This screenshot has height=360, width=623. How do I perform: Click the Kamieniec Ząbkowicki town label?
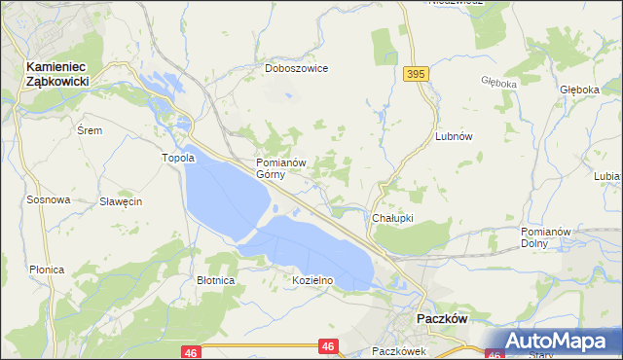[x=56, y=74]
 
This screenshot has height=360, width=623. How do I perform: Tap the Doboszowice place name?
[x=297, y=69]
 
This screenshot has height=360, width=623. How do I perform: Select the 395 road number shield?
[x=417, y=75]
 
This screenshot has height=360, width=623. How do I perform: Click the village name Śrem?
[x=89, y=129]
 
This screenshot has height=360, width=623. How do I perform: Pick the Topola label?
[x=179, y=158]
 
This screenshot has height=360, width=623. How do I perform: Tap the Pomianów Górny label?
[x=281, y=168]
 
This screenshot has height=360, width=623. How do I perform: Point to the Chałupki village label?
[x=393, y=219]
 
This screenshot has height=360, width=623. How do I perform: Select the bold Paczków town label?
[x=443, y=319]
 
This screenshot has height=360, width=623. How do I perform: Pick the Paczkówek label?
[x=399, y=351]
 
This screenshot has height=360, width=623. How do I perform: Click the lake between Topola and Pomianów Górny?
[x=224, y=195]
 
